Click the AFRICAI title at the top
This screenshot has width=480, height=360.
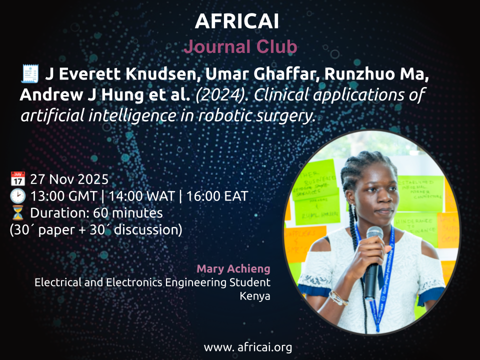tap(237, 21)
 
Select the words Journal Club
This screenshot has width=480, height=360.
tap(240, 46)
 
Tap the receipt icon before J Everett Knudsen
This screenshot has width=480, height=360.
tap(30, 74)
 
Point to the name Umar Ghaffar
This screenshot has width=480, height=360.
tap(262, 74)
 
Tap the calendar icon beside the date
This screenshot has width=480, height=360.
tap(18, 179)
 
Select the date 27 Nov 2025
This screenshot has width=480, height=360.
tap(69, 179)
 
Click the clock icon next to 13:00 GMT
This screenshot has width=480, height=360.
tap(18, 196)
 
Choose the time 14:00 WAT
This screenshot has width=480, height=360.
tap(141, 196)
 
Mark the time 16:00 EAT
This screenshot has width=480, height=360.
tap(217, 196)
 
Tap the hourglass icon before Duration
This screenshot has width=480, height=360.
tap(18, 213)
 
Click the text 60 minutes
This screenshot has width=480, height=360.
tap(127, 213)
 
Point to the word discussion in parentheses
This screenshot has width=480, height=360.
tap(148, 230)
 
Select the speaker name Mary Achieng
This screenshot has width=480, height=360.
tap(233, 269)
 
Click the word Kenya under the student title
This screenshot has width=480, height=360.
tap(255, 296)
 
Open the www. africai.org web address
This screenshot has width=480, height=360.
tap(247, 347)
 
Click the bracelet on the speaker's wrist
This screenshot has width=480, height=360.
tap(338, 298)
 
